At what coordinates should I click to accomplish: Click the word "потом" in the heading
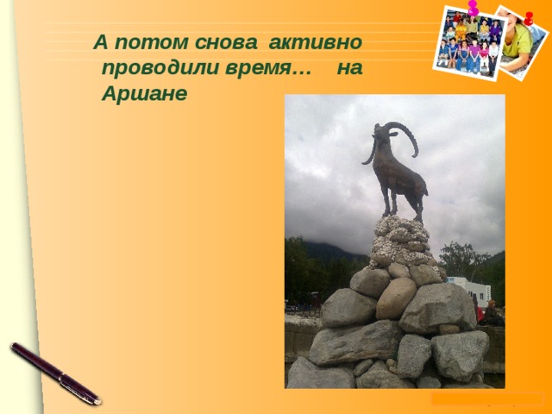(152, 42)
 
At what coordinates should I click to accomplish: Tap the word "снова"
(226, 42)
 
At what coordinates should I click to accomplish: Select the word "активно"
(316, 42)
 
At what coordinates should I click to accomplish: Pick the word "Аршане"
(144, 94)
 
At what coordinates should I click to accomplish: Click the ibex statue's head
(379, 132)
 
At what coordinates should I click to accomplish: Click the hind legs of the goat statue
(418, 207)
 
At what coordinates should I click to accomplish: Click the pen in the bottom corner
(55, 373)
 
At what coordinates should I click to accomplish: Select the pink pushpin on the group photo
(473, 8)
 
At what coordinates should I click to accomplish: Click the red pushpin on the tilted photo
(529, 18)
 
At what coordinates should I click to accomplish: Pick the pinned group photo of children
(469, 42)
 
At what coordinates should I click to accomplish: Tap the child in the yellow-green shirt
(517, 38)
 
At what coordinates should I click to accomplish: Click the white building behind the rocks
(469, 290)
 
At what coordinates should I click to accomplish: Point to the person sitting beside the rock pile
(492, 313)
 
